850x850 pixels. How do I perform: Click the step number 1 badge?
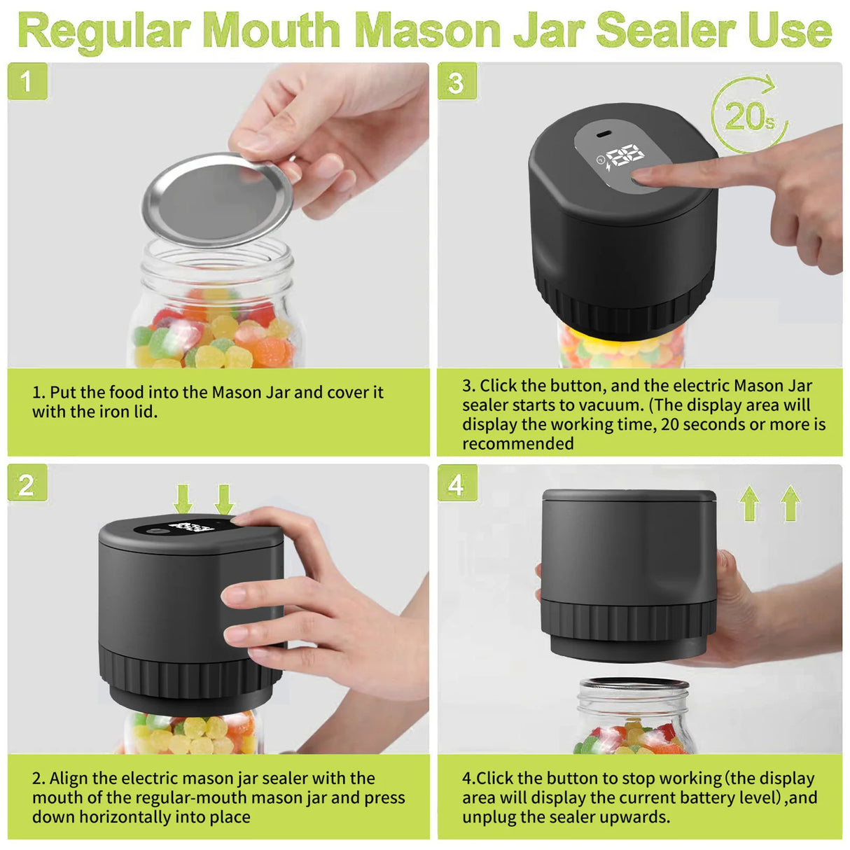pos(27,81)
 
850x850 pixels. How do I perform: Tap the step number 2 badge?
pos(27,484)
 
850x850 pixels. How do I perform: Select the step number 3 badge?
pos(457,81)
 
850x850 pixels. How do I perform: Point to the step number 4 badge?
pos(457,484)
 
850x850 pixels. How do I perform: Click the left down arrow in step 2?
pos(183,500)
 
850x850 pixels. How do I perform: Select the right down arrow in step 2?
pos(224,500)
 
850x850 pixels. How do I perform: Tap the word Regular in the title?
pos(105,32)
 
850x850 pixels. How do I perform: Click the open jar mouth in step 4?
pos(634,685)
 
